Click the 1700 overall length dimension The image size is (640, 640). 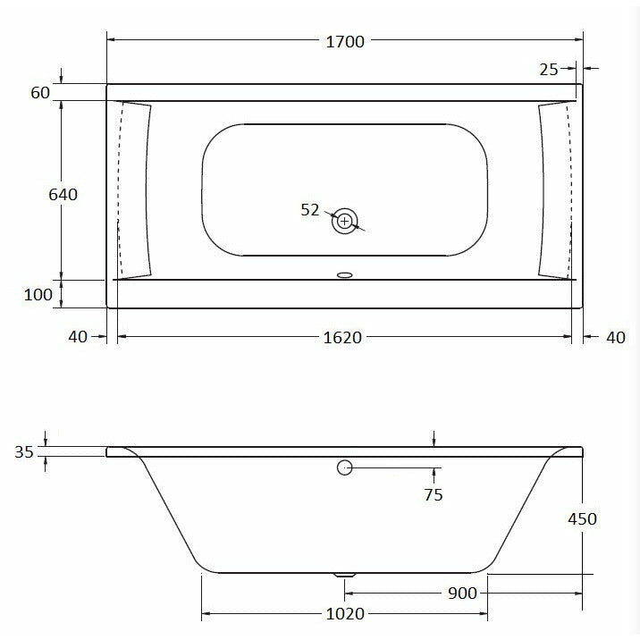(344, 42)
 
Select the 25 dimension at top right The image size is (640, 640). (549, 69)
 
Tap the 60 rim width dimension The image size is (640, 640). (40, 93)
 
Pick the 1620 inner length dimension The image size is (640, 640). (343, 337)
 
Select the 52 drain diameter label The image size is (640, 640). (310, 209)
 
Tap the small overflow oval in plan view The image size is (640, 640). (345, 275)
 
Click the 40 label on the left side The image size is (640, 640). (78, 337)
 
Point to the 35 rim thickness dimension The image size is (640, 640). (24, 452)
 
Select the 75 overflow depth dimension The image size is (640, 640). (434, 494)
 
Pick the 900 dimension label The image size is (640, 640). (461, 594)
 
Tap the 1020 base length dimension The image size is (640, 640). (344, 614)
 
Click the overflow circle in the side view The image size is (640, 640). (345, 467)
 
